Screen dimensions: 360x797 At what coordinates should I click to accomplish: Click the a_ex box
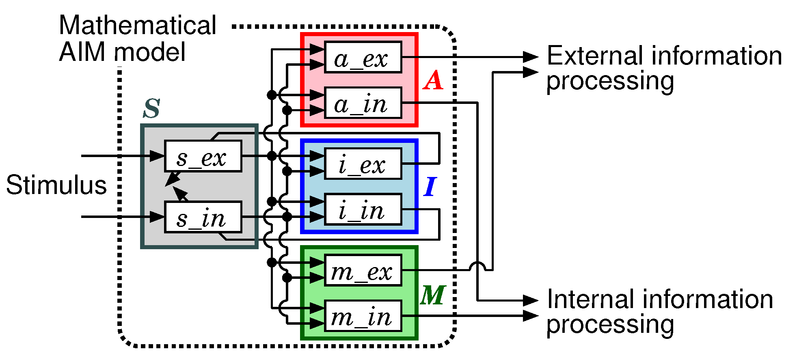(363, 57)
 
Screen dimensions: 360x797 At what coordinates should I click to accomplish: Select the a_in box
(363, 103)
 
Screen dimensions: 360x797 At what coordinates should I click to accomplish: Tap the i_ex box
(363, 164)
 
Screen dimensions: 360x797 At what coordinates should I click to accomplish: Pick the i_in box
(363, 210)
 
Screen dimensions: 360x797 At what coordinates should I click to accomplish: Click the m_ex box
(363, 270)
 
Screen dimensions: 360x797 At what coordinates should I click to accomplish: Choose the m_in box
(363, 316)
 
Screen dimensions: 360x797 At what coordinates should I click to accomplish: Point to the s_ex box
(203, 156)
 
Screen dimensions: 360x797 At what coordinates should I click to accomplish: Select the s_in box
(203, 217)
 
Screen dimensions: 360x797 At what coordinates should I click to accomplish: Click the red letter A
(433, 80)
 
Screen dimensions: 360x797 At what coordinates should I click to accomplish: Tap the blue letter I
(430, 187)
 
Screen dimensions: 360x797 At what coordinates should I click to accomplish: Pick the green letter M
(433, 295)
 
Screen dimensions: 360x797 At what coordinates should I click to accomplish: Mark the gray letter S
(152, 108)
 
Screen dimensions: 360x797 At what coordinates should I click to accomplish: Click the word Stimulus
(56, 185)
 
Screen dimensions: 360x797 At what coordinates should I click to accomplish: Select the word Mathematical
(137, 25)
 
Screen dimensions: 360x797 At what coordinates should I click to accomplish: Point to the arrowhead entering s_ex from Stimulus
(158, 156)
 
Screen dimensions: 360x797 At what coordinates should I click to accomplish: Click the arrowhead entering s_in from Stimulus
(158, 217)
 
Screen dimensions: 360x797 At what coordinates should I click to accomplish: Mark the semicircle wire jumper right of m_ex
(477, 266)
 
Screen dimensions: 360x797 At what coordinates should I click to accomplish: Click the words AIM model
(122, 52)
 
